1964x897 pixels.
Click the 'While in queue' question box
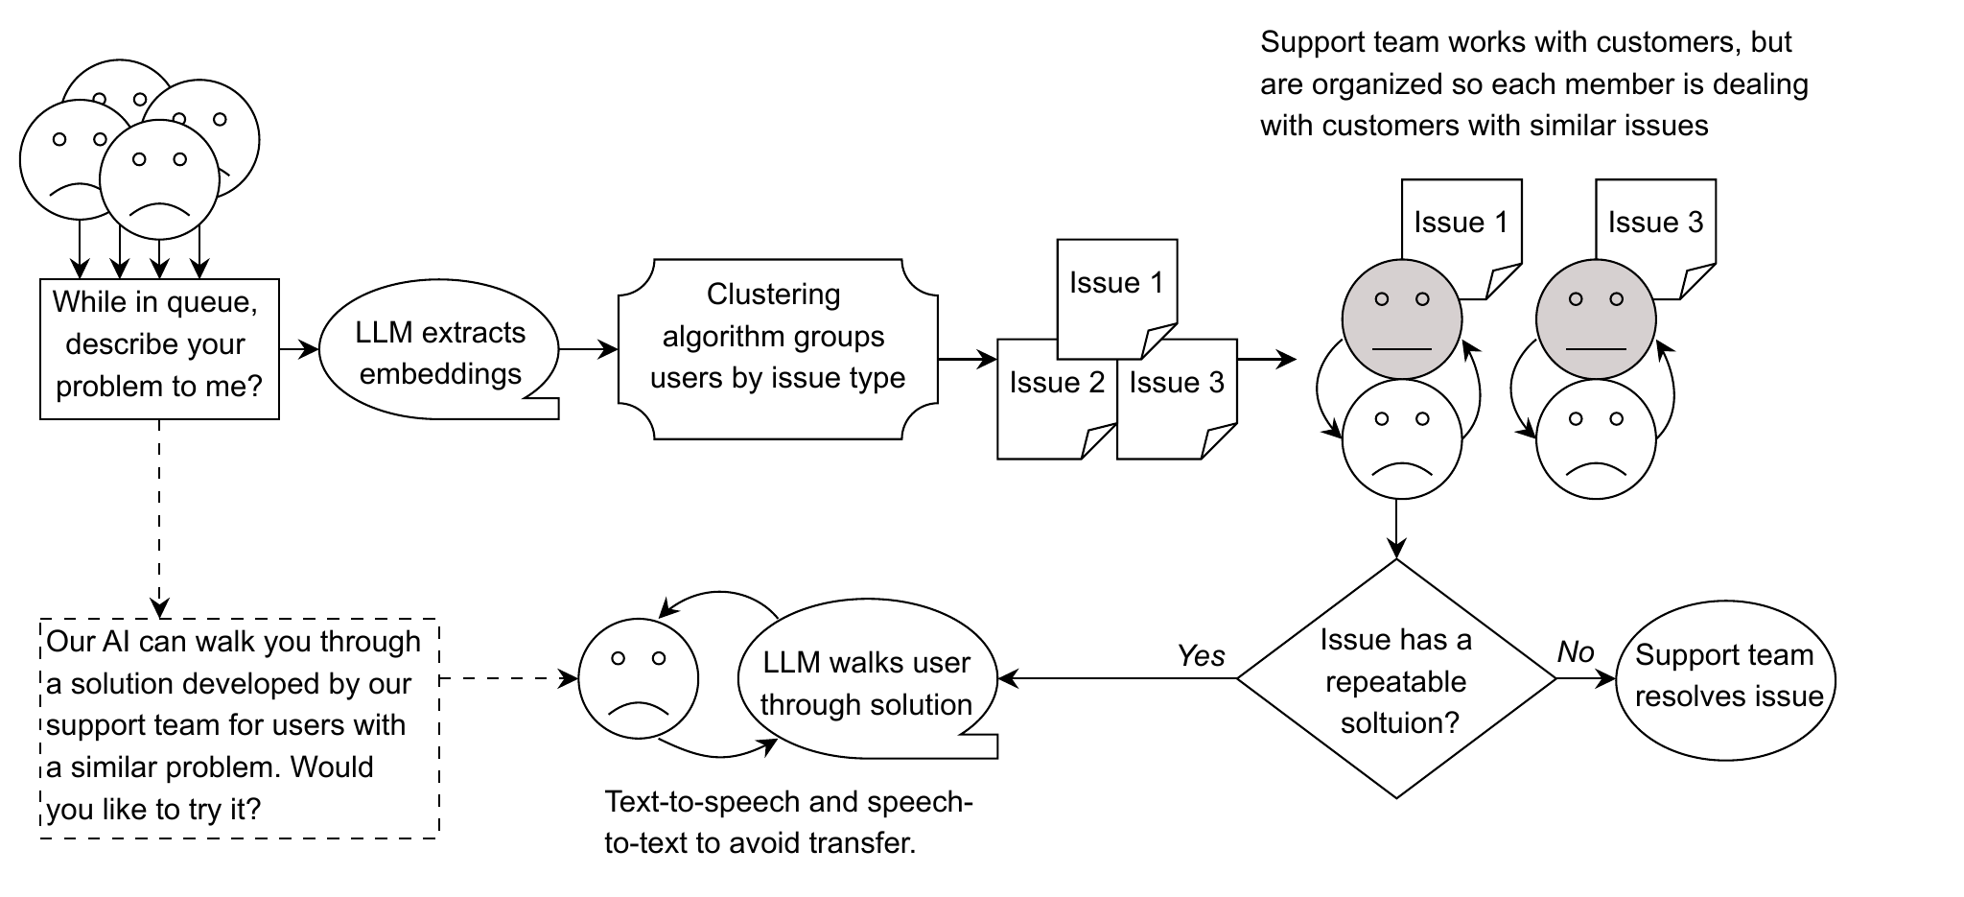tap(159, 349)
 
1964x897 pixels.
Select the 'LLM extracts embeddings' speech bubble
tap(439, 352)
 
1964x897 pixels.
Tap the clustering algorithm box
tap(778, 349)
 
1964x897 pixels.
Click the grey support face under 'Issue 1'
tap(1401, 319)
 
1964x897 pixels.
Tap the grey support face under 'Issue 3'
tap(1596, 319)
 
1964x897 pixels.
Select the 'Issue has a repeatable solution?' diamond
tap(1396, 679)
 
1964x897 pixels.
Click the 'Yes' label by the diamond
tap(1201, 656)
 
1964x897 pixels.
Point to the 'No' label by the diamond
tap(1576, 652)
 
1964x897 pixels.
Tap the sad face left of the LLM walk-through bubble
tap(639, 678)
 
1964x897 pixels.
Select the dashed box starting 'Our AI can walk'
tap(240, 729)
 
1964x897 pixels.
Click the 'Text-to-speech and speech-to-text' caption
tap(788, 822)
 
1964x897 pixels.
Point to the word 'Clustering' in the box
tap(773, 294)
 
